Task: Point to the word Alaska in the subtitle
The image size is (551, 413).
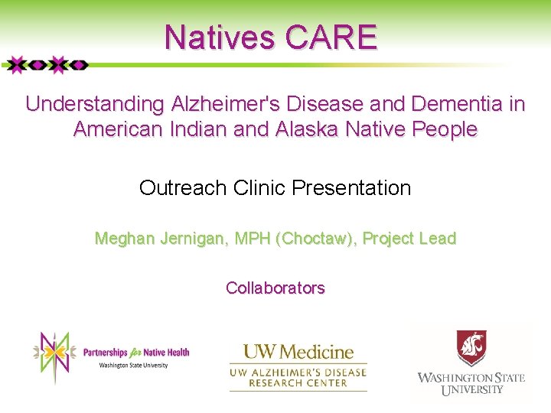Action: click(x=303, y=129)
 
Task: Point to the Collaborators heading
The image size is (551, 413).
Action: click(x=275, y=288)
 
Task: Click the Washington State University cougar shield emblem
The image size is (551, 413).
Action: click(x=471, y=349)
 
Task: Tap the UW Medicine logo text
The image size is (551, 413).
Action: click(x=298, y=353)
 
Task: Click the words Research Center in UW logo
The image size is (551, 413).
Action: click(x=298, y=383)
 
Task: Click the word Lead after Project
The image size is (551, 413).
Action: click(x=439, y=239)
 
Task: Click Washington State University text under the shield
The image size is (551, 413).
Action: click(x=471, y=383)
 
